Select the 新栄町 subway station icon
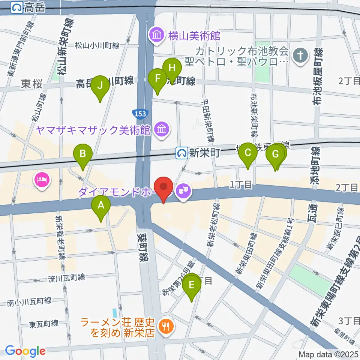point(183,153)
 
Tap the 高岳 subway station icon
point(17,7)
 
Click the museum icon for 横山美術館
point(156,36)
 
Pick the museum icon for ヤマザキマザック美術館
point(162,130)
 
